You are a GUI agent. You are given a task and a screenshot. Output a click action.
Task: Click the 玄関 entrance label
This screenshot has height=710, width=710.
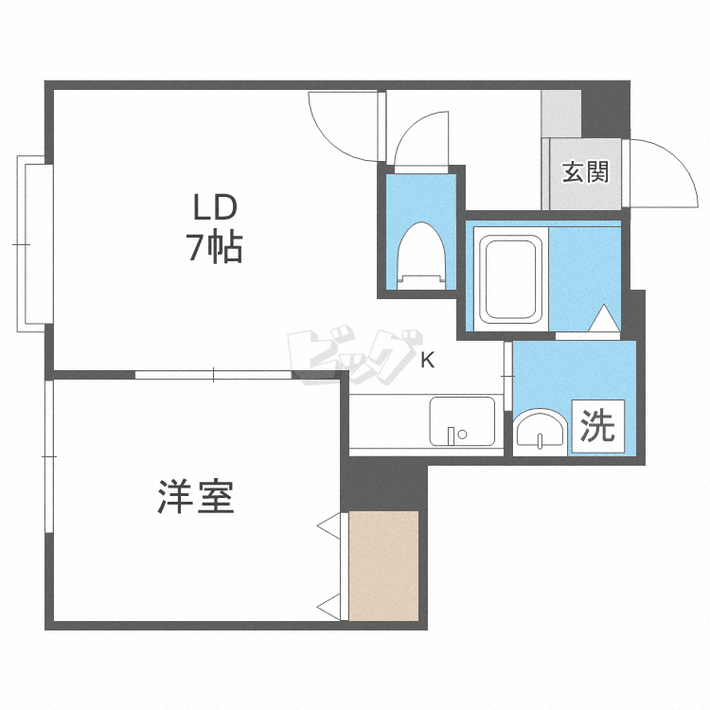(x=585, y=172)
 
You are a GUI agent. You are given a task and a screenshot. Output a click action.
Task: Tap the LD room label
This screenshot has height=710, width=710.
(x=215, y=207)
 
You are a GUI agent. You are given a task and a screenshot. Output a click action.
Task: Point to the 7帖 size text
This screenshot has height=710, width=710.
(x=215, y=248)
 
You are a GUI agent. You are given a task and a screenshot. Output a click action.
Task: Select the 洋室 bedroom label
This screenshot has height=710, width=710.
(x=196, y=496)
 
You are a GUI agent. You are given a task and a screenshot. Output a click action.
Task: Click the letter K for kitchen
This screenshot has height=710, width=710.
(x=428, y=360)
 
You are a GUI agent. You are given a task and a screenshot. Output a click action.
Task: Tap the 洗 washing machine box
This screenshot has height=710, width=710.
(x=597, y=426)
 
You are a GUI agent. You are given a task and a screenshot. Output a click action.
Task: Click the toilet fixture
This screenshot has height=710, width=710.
(x=421, y=256)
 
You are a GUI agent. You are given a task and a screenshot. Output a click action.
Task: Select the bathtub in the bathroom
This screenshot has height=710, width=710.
(x=511, y=279)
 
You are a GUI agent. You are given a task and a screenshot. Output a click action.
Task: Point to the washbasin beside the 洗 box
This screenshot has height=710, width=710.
(x=540, y=433)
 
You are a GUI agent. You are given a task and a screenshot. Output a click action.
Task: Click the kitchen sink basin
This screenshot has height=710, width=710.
(x=462, y=421)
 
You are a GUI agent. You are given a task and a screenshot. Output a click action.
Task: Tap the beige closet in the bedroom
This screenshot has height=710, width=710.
(x=383, y=566)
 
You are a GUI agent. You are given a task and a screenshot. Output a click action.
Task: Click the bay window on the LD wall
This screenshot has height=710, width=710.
(x=35, y=244)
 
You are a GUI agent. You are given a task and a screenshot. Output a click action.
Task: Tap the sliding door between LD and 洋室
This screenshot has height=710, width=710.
(x=213, y=375)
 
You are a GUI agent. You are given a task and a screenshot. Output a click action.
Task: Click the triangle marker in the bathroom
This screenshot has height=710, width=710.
(x=605, y=318)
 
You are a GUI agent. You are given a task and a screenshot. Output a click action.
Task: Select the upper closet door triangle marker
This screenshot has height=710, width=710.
(x=329, y=526)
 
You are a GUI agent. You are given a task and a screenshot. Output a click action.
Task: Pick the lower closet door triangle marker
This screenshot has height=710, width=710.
(x=329, y=607)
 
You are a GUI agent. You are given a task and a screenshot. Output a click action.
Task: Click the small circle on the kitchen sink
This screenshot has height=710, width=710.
(x=462, y=435)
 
